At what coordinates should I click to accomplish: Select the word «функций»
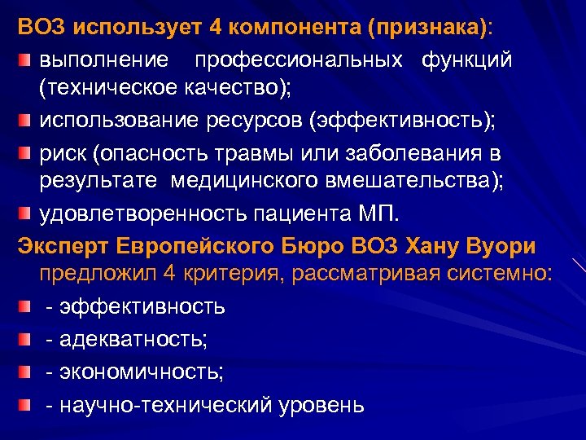coord(466,61)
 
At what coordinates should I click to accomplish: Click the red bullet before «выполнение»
coord(26,62)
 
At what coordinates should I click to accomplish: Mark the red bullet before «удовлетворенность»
coord(26,217)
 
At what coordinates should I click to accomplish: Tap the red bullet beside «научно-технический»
coord(26,404)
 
